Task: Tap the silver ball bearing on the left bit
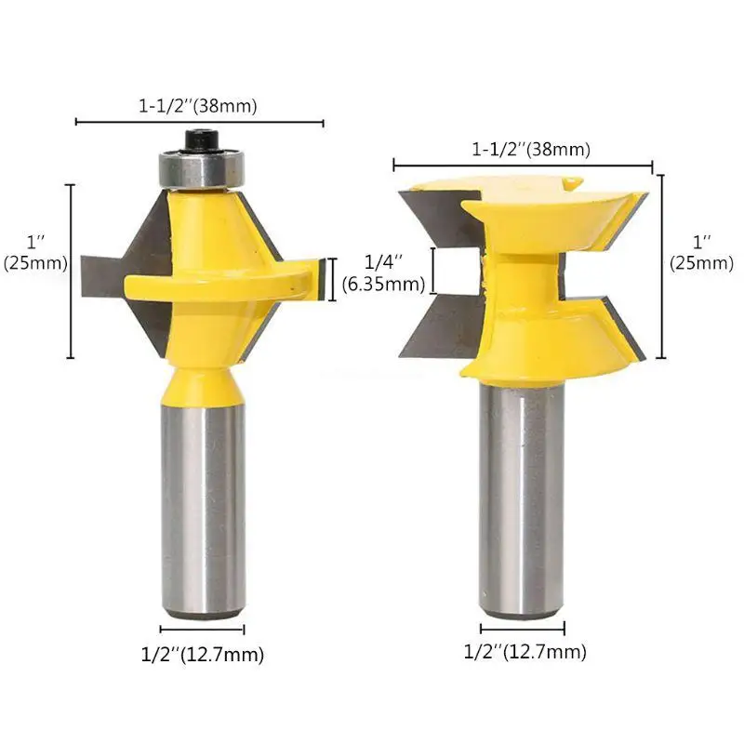pos(201,168)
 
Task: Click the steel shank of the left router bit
pos(203,511)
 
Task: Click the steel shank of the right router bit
pos(522,499)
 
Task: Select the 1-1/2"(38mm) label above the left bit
pos(198,105)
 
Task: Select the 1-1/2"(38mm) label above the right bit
pos(531,150)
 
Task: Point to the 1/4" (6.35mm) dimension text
pos(383,272)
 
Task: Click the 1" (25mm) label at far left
pos(35,252)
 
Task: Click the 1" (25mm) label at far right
pos(701,252)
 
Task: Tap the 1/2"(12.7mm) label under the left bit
pos(203,655)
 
